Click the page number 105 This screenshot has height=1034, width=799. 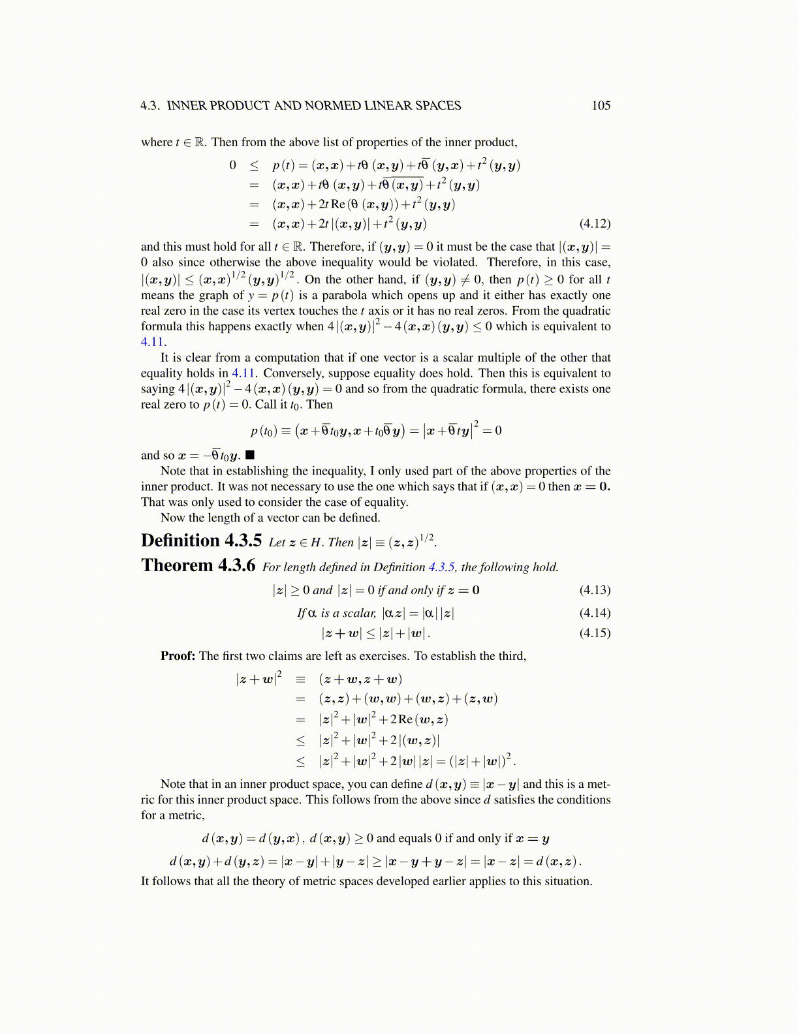coord(601,106)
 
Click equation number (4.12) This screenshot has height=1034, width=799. coord(595,224)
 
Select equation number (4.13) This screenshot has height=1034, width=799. coord(595,590)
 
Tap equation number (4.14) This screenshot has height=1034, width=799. coord(595,613)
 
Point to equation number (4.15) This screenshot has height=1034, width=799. coord(595,633)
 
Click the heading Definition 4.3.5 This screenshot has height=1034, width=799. coord(201,541)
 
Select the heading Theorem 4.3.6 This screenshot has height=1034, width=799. coord(198,565)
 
